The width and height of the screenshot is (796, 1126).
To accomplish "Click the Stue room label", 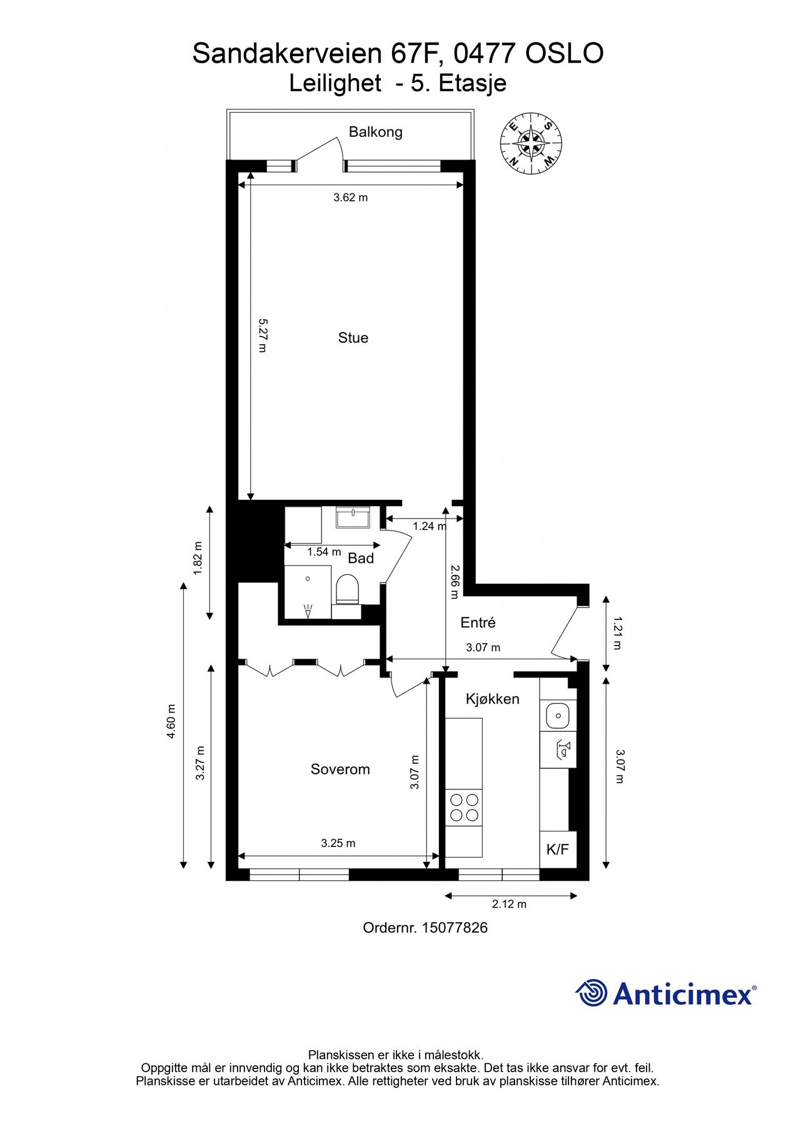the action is click(353, 338).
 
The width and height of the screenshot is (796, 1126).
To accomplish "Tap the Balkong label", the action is click(375, 132).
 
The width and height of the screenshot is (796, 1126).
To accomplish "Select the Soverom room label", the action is click(340, 769).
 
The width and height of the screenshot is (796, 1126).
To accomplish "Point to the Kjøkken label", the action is click(492, 699).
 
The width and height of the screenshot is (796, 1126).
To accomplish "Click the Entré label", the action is click(478, 622).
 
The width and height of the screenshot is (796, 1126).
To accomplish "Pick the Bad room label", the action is click(361, 558).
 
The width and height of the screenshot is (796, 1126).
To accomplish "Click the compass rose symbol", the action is click(531, 143).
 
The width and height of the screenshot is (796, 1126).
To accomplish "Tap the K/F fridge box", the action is click(557, 849).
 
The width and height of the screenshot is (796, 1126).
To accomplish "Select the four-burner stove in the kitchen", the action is click(464, 807).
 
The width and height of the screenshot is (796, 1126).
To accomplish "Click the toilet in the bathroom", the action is click(347, 591).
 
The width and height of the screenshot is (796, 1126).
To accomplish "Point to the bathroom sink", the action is click(354, 518).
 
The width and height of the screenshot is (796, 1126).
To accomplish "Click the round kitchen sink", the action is click(557, 714).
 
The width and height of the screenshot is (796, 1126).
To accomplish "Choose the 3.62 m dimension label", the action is click(350, 198).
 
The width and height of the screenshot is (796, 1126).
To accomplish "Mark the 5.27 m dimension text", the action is click(262, 335).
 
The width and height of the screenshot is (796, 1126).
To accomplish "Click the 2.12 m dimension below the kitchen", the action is click(509, 904).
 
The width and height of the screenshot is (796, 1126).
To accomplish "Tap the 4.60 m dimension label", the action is click(171, 722).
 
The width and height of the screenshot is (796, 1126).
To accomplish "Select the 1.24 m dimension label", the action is click(430, 526).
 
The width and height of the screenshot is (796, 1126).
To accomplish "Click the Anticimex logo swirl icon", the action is click(591, 993).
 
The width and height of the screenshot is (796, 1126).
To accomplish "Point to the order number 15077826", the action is click(455, 928).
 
